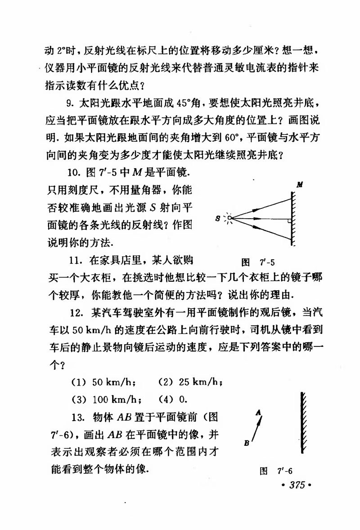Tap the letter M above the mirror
pos(299,184)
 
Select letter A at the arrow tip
pos(257,411)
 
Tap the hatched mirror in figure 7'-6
pos(302,423)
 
